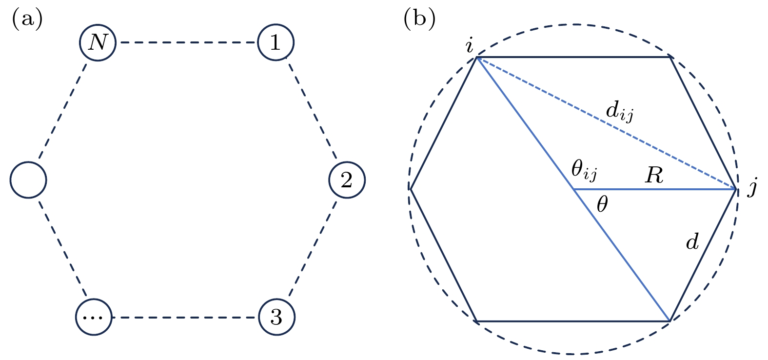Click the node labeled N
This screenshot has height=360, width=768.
click(x=98, y=43)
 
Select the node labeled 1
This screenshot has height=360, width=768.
click(x=276, y=43)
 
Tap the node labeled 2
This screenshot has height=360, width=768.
click(x=347, y=180)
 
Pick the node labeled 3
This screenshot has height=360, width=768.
click(x=276, y=318)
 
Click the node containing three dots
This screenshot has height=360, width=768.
click(x=94, y=318)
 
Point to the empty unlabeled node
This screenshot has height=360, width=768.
click(x=28, y=180)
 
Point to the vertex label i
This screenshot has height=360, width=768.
click(x=469, y=46)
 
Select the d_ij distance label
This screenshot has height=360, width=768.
click(x=619, y=113)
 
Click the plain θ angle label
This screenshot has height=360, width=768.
click(x=602, y=205)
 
